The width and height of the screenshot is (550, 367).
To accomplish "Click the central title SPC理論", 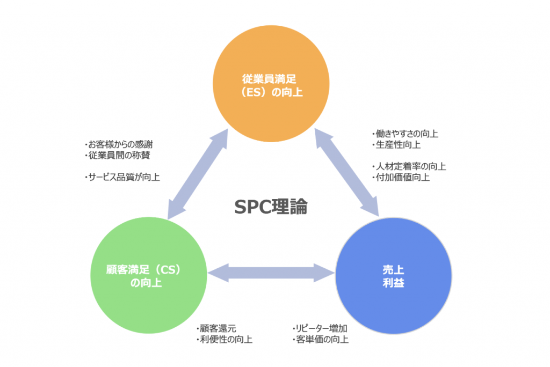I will tap(271, 207).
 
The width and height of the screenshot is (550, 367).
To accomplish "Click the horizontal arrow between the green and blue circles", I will tap(271, 272).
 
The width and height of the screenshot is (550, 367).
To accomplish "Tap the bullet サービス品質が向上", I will tap(123, 177).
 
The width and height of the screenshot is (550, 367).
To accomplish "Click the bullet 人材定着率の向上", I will tap(409, 166).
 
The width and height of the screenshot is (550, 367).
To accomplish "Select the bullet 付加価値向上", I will tap(401, 177).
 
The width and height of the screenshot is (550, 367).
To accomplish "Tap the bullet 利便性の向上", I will tap(225, 340).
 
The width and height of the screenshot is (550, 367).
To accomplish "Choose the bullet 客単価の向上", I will tap(321, 340).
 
